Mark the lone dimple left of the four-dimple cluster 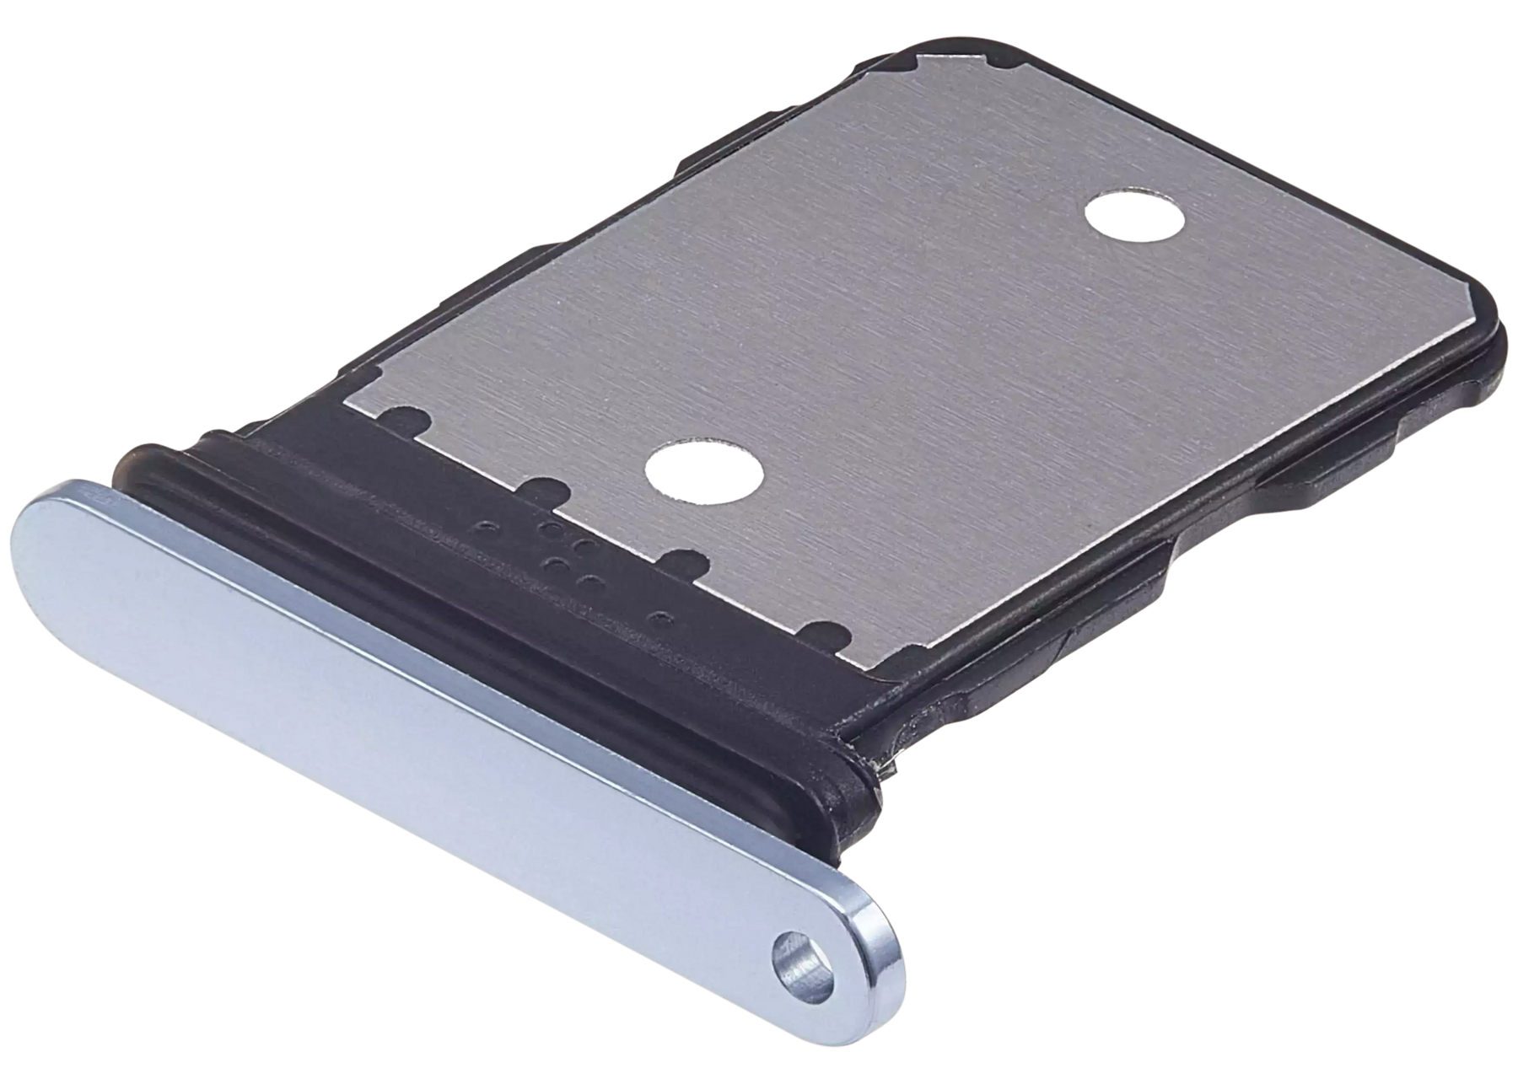(482, 528)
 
